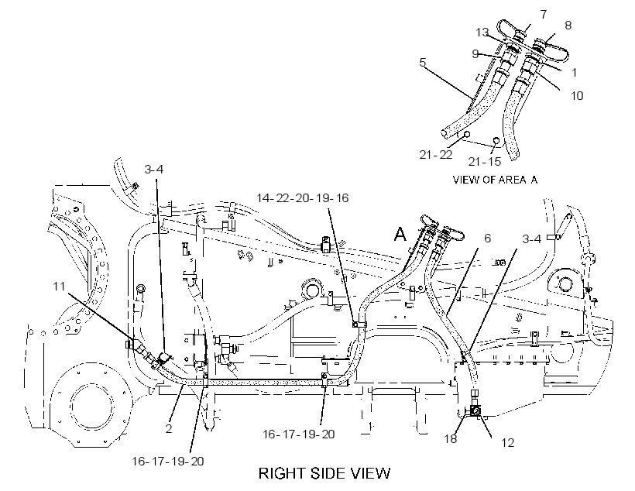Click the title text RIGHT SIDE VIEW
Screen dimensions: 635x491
coord(324,473)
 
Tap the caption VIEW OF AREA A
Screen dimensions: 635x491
coord(495,180)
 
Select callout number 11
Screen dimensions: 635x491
coord(59,287)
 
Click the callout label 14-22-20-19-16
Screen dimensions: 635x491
coord(302,198)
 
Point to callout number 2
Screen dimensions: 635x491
coord(169,428)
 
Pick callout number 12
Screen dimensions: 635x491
coord(507,443)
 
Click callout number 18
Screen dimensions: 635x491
coord(451,438)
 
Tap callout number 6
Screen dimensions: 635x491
coord(488,239)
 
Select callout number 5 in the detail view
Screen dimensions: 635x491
coord(423,63)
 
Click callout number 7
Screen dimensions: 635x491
coord(544,15)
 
